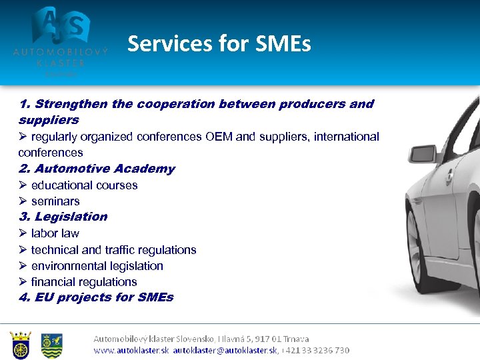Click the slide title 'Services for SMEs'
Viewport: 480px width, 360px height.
tap(219, 44)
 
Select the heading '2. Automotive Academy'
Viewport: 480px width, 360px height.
tap(97, 169)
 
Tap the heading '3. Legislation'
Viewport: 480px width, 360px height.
tap(63, 217)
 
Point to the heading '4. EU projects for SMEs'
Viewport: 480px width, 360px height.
tap(96, 297)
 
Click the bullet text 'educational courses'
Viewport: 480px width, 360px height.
tap(84, 185)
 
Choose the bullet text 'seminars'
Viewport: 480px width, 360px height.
tap(55, 201)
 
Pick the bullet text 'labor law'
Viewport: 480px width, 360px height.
tap(55, 233)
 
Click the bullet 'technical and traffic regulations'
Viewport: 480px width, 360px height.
tap(113, 250)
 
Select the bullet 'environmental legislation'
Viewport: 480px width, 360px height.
tap(97, 266)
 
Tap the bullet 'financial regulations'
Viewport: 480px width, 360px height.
tap(84, 282)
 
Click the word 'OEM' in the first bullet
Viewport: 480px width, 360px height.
tap(219, 137)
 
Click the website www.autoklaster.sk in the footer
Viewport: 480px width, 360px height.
tap(131, 350)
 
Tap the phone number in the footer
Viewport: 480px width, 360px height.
tap(317, 350)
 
